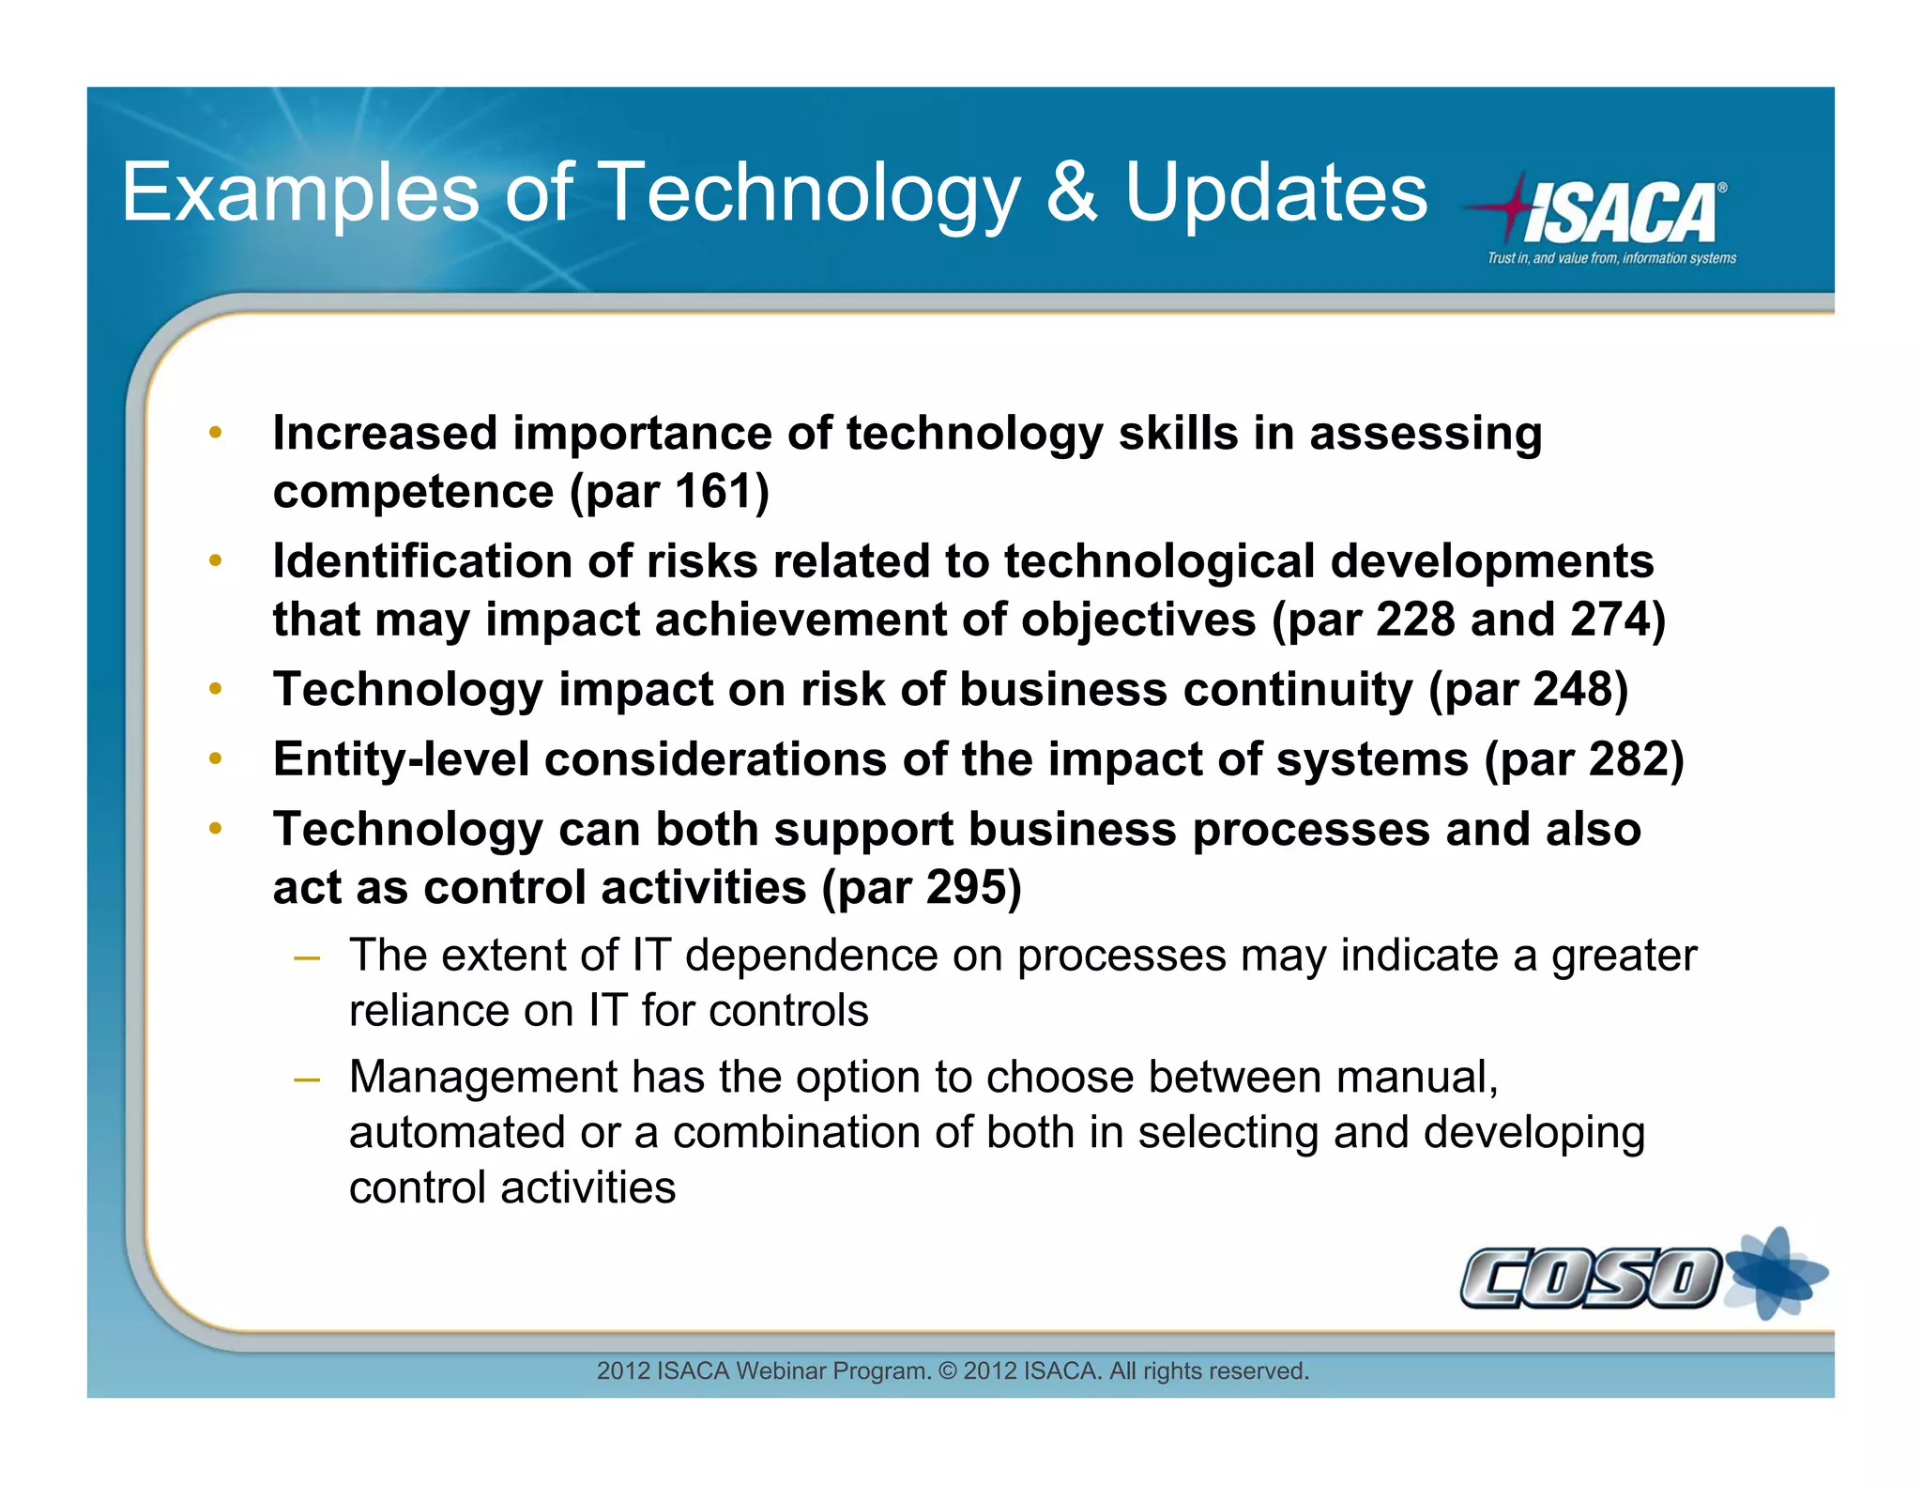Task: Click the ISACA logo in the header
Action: (1619, 211)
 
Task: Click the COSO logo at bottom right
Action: (1591, 1278)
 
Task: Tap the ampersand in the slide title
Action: (1071, 192)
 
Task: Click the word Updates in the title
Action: (1275, 192)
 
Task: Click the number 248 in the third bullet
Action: (1572, 690)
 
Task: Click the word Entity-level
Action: (401, 759)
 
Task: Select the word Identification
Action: (422, 561)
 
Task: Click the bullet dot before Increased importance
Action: (216, 433)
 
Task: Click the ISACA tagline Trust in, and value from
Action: (1610, 258)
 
